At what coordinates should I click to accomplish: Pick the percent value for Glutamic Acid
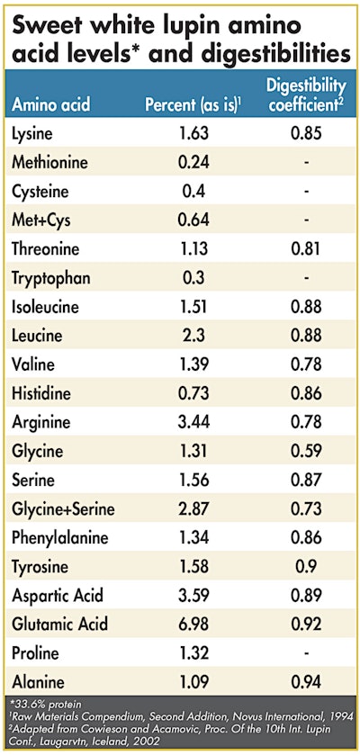(192, 624)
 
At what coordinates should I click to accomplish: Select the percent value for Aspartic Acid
(192, 595)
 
